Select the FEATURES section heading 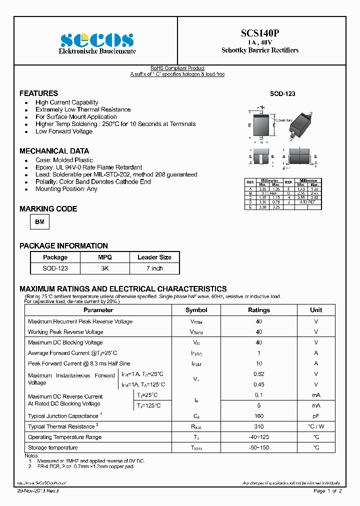[38, 93]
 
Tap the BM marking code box [40, 220]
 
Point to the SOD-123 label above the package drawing [282, 94]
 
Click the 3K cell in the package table [105, 268]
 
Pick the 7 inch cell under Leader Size [154, 268]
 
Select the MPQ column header [105, 257]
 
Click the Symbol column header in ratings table [196, 310]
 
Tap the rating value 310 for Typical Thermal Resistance [258, 426]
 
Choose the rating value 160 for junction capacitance [258, 416]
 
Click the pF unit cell [315, 416]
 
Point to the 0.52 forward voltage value [258, 374]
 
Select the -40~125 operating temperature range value [258, 437]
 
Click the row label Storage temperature [53, 447]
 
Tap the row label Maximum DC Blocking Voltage [65, 342]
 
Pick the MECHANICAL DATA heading [54, 151]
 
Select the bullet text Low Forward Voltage [64, 131]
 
